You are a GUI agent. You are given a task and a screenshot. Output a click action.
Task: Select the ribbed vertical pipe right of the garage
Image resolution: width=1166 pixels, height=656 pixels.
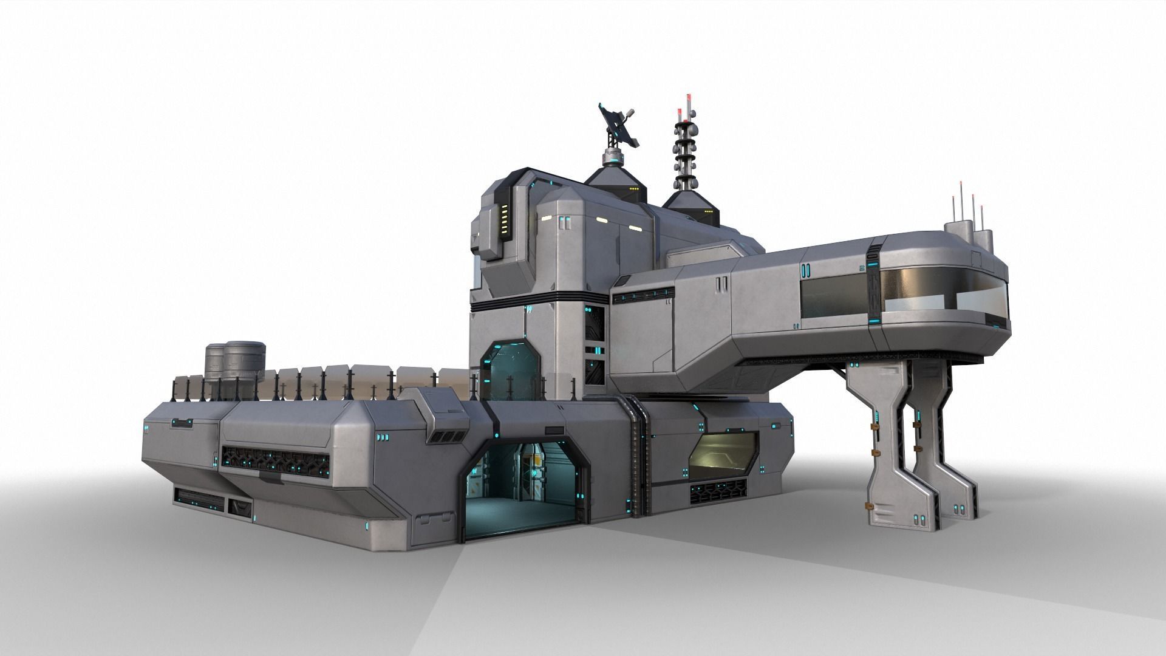pyautogui.click(x=636, y=456)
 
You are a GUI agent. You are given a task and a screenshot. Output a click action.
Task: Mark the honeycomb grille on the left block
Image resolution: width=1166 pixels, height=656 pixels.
pyautogui.click(x=276, y=457)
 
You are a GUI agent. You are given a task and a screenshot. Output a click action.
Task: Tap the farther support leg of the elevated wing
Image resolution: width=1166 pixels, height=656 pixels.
pyautogui.click(x=938, y=437)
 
